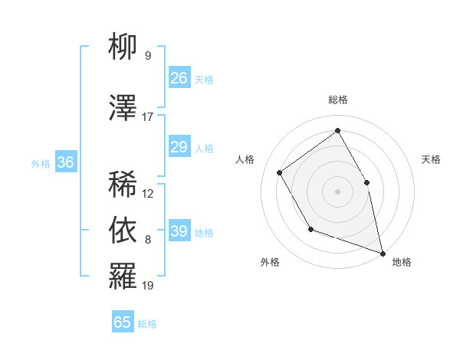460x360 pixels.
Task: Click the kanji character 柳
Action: tap(123, 48)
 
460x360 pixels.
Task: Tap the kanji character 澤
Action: tap(123, 109)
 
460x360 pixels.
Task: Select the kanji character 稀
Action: tap(123, 185)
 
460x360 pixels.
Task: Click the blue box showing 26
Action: tap(179, 78)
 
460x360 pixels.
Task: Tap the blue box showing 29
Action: tap(179, 147)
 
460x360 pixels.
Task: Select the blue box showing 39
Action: tap(179, 231)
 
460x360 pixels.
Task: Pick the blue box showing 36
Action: tap(66, 162)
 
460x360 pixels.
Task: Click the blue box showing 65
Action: tap(123, 322)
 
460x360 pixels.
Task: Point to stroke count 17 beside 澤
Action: tap(148, 117)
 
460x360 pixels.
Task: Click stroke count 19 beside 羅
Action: tap(148, 286)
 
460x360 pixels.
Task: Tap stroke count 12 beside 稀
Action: tap(148, 194)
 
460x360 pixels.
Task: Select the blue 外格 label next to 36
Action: tap(41, 163)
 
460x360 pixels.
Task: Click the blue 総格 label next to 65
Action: tap(147, 324)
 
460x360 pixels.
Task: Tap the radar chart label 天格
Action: tap(432, 159)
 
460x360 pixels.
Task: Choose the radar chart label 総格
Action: tap(338, 100)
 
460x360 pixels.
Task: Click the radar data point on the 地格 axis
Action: tap(382, 252)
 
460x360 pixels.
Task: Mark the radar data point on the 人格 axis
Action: tap(280, 172)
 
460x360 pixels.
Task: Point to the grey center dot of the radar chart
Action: tap(337, 191)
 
